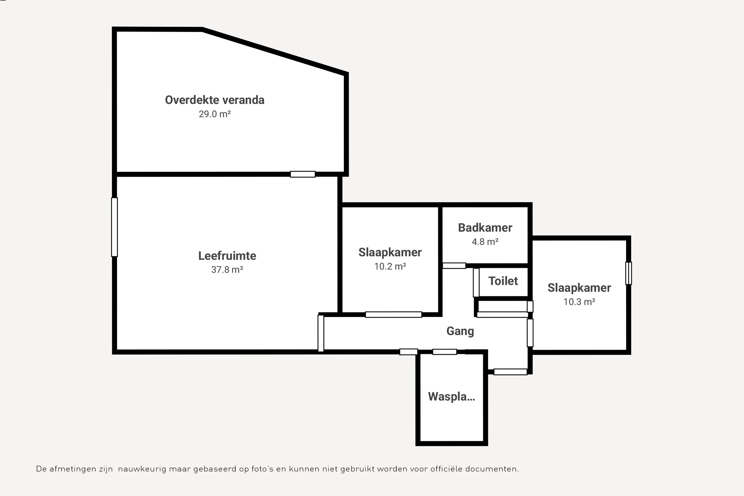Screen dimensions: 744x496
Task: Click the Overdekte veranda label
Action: pyautogui.click(x=214, y=100)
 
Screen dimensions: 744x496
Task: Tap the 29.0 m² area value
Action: pyautogui.click(x=214, y=114)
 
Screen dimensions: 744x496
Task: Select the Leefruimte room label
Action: pyautogui.click(x=227, y=256)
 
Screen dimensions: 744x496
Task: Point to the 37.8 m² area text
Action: pyautogui.click(x=227, y=269)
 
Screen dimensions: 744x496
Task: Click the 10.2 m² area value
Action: pyautogui.click(x=390, y=266)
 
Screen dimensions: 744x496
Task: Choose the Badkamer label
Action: pyautogui.click(x=485, y=228)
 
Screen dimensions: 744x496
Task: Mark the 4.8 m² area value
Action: pyautogui.click(x=485, y=242)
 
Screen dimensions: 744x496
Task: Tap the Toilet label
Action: pyautogui.click(x=503, y=281)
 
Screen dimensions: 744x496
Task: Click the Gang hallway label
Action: pyautogui.click(x=460, y=331)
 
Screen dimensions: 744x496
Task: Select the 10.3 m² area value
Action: pyautogui.click(x=579, y=302)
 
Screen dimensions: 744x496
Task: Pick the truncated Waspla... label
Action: pyautogui.click(x=451, y=397)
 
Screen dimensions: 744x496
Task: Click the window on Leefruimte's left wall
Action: pyautogui.click(x=114, y=227)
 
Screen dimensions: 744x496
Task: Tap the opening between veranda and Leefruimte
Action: pyautogui.click(x=303, y=174)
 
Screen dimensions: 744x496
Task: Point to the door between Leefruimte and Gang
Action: pyautogui.click(x=321, y=333)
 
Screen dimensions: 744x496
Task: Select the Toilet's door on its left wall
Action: pyautogui.click(x=476, y=282)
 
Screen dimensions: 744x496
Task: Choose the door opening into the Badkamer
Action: pyautogui.click(x=454, y=266)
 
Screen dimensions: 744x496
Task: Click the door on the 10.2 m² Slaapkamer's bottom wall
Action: pyautogui.click(x=394, y=314)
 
